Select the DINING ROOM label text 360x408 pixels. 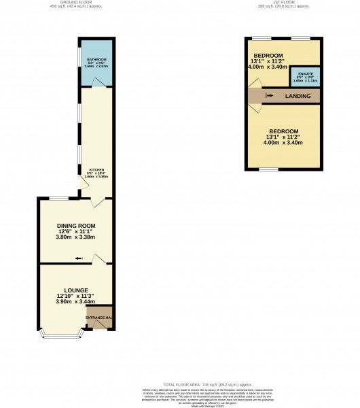[76, 226]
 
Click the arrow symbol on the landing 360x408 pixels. [270, 97]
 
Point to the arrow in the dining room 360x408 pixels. [79, 258]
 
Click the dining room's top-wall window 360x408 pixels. [59, 198]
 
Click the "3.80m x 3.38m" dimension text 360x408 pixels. [76, 237]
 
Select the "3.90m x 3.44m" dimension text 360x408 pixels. [76, 302]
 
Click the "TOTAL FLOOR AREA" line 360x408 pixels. [179, 384]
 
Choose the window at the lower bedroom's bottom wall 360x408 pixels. [268, 169]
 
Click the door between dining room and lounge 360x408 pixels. [99, 258]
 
